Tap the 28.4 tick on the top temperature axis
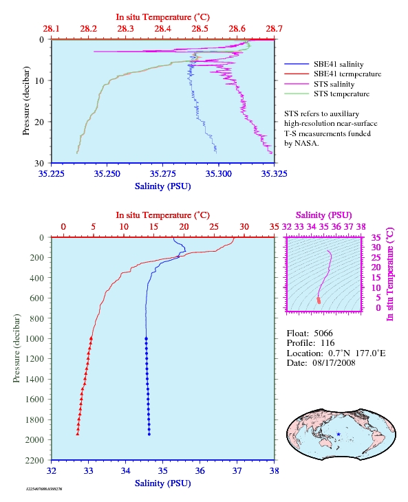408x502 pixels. (x=162, y=29)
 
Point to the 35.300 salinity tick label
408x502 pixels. (x=218, y=174)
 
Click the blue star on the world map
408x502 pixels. (x=339, y=435)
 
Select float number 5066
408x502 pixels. (x=323, y=334)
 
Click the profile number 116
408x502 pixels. (x=328, y=343)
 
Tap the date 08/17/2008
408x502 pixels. (x=334, y=362)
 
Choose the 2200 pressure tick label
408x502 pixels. (x=34, y=460)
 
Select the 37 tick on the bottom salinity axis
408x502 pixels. (x=237, y=471)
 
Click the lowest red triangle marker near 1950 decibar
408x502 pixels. (x=78, y=434)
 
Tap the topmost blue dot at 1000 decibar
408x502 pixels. (x=146, y=338)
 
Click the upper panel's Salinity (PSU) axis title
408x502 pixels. (x=162, y=186)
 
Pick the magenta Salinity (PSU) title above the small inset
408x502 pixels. (x=324, y=215)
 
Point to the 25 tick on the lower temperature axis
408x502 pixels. (x=214, y=227)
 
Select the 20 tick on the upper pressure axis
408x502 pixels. (x=39, y=122)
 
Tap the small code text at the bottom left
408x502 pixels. (x=44, y=489)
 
